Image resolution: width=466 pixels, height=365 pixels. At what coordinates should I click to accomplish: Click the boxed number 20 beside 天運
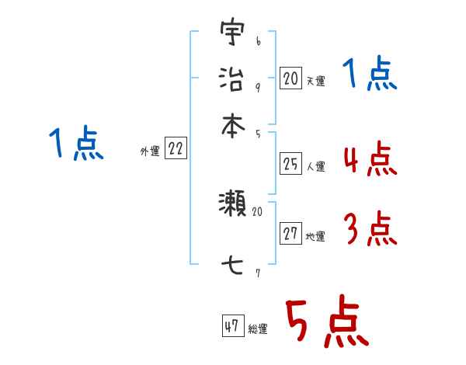point(290,78)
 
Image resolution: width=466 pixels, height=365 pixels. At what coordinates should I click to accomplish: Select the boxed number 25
point(290,163)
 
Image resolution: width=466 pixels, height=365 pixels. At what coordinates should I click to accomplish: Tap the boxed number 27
point(290,234)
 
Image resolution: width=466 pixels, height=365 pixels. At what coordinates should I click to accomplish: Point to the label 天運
point(315,81)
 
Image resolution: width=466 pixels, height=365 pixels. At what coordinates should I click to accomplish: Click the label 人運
point(315,166)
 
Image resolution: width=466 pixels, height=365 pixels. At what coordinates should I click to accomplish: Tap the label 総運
point(258,329)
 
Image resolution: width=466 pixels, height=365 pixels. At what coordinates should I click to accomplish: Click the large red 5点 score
point(326,324)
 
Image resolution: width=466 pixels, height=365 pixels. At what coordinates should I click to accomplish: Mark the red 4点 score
point(370,159)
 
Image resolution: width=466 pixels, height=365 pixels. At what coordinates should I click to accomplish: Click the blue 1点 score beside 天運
point(370,75)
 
